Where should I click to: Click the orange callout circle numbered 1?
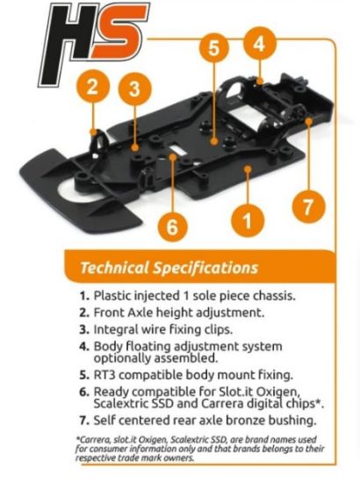(248, 220)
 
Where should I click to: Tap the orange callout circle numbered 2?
(93, 87)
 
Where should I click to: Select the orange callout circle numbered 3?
(135, 89)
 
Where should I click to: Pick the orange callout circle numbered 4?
(260, 44)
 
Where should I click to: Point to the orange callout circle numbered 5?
(214, 48)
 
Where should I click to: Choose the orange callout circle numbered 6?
(172, 227)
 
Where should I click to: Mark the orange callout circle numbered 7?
(308, 206)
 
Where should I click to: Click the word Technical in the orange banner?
(114, 268)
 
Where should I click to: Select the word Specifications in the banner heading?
(205, 269)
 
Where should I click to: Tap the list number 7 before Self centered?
(84, 421)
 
